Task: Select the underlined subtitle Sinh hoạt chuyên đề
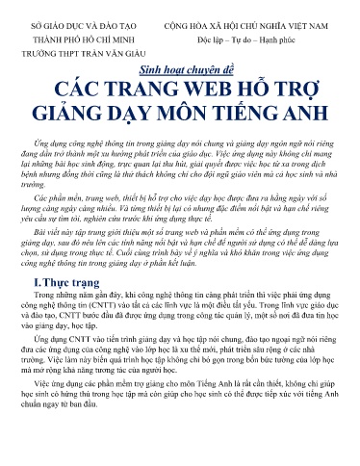click(180, 70)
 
